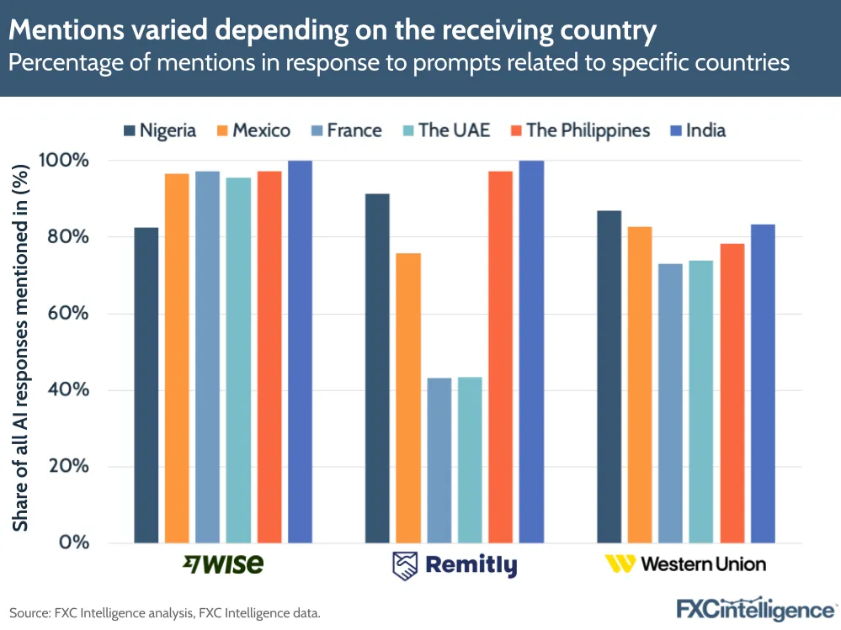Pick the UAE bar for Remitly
(x=470, y=459)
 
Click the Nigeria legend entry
(x=160, y=130)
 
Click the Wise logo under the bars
(x=222, y=564)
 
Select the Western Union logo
(x=686, y=564)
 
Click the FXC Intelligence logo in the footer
(x=755, y=607)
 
